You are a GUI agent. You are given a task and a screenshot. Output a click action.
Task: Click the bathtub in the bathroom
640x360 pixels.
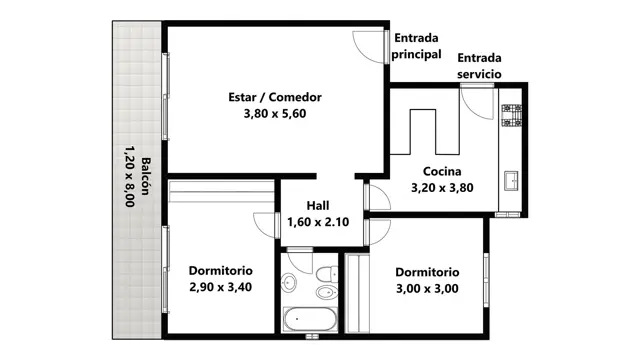pos(310,319)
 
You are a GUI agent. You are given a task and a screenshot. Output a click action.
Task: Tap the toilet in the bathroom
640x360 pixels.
pos(327,273)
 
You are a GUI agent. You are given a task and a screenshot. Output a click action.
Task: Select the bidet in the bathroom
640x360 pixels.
pos(327,292)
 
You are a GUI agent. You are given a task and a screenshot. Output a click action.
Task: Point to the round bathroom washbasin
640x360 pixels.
pos(289,282)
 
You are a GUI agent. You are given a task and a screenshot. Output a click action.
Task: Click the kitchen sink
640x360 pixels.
pos(511,180)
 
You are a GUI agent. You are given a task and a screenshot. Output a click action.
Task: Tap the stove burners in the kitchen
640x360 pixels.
pos(511,115)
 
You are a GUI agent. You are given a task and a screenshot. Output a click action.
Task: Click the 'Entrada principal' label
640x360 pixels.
pos(416,46)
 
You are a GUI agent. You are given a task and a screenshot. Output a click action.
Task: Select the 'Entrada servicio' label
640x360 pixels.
pos(479,66)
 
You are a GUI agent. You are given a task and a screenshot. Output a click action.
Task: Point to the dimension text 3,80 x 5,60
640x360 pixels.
pos(275,113)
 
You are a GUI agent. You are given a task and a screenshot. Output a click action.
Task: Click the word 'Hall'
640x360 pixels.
pos(318,205)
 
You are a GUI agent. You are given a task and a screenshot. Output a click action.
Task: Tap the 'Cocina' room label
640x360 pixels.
pos(442,171)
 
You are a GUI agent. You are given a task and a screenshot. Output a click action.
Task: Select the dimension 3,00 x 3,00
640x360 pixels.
pos(427,289)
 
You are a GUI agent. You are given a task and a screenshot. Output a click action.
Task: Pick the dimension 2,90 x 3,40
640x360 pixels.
pos(220,287)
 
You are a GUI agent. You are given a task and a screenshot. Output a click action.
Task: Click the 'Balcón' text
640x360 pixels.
pos(145,176)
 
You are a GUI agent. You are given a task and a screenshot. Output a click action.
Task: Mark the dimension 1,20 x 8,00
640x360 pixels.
pos(129,176)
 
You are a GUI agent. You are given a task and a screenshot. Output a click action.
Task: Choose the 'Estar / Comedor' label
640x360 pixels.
pos(275,97)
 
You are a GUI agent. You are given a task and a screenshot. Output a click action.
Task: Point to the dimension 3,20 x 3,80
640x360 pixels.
pos(442,188)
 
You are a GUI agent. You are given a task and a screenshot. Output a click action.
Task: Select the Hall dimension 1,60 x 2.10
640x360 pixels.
pos(318,222)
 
